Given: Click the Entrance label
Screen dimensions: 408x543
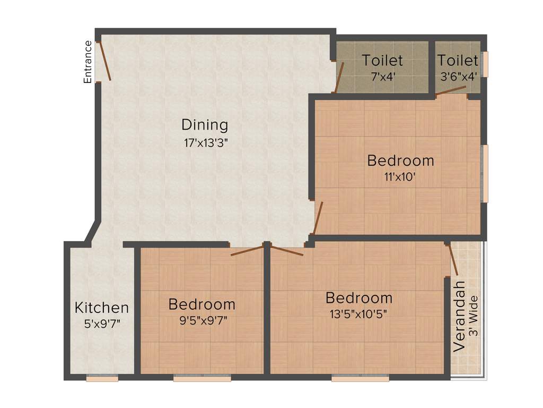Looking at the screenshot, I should pyautogui.click(x=88, y=62).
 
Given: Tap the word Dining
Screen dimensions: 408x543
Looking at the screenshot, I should pyautogui.click(x=205, y=125).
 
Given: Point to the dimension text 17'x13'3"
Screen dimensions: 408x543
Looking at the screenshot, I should pyautogui.click(x=205, y=143).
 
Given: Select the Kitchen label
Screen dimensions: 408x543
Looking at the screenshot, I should pyautogui.click(x=101, y=307).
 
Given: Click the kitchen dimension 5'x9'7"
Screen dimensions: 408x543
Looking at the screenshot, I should pyautogui.click(x=101, y=323).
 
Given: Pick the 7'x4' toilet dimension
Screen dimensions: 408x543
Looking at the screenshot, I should pyautogui.click(x=382, y=75).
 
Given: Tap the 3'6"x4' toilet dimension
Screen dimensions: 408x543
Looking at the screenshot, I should pyautogui.click(x=459, y=75).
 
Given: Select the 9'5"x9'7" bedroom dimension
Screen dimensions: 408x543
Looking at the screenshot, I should pyautogui.click(x=202, y=320).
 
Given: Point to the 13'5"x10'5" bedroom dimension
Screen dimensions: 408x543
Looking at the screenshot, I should pyautogui.click(x=358, y=313).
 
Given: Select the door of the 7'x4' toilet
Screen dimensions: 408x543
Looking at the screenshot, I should pyautogui.click(x=339, y=78).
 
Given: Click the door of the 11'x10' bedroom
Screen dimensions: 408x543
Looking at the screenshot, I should pyautogui.click(x=318, y=218).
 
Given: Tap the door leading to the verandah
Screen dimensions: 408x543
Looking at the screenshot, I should pyautogui.click(x=453, y=260).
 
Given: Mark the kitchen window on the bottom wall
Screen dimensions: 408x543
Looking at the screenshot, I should pyautogui.click(x=102, y=378).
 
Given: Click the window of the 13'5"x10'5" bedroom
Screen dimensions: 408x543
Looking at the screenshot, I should pyautogui.click(x=360, y=378).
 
